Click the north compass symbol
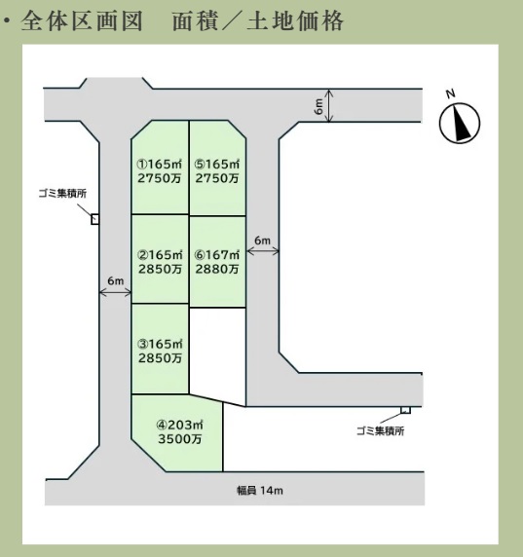tap(460, 124)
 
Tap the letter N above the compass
tap(451, 93)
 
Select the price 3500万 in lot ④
tap(180, 439)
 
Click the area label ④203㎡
tap(180, 425)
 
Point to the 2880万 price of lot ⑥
tap(217, 270)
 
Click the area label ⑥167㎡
tap(217, 255)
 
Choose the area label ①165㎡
tap(160, 165)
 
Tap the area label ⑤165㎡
tap(217, 165)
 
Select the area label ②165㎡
tap(160, 255)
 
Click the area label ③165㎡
tap(160, 344)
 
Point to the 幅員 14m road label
tap(260, 491)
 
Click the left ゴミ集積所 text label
tap(62, 194)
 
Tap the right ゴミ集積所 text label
tap(381, 431)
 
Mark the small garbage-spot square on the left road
tap(94, 219)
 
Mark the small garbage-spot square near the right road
tap(406, 410)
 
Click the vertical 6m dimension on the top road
tap(319, 106)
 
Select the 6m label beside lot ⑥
tap(262, 241)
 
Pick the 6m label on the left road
tap(116, 281)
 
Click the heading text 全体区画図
tap(82, 21)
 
